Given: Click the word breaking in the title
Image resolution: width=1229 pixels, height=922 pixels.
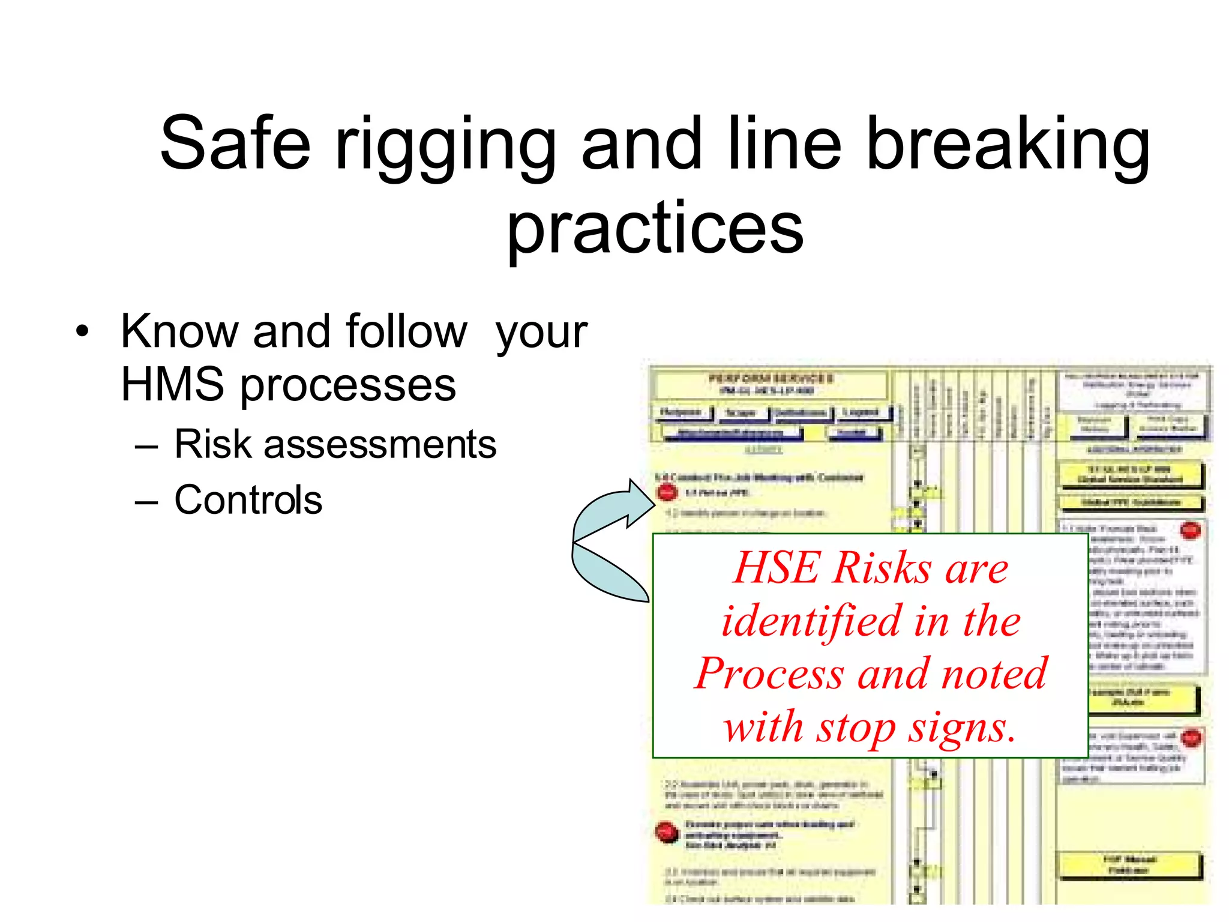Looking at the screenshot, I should click(x=1008, y=144).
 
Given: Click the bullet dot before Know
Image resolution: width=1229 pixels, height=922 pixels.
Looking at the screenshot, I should click(x=82, y=331).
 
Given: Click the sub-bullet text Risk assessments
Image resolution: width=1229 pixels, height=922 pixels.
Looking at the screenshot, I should click(x=335, y=444).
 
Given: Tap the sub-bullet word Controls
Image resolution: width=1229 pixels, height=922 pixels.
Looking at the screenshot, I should click(x=248, y=499).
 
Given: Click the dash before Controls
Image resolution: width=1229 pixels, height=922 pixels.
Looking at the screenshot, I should click(x=146, y=501).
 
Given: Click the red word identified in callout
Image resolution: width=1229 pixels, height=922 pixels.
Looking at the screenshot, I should click(x=812, y=621).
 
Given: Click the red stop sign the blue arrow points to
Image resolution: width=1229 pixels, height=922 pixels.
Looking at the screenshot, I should click(x=667, y=492).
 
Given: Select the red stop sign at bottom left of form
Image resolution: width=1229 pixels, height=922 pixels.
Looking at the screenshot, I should click(x=666, y=833).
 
